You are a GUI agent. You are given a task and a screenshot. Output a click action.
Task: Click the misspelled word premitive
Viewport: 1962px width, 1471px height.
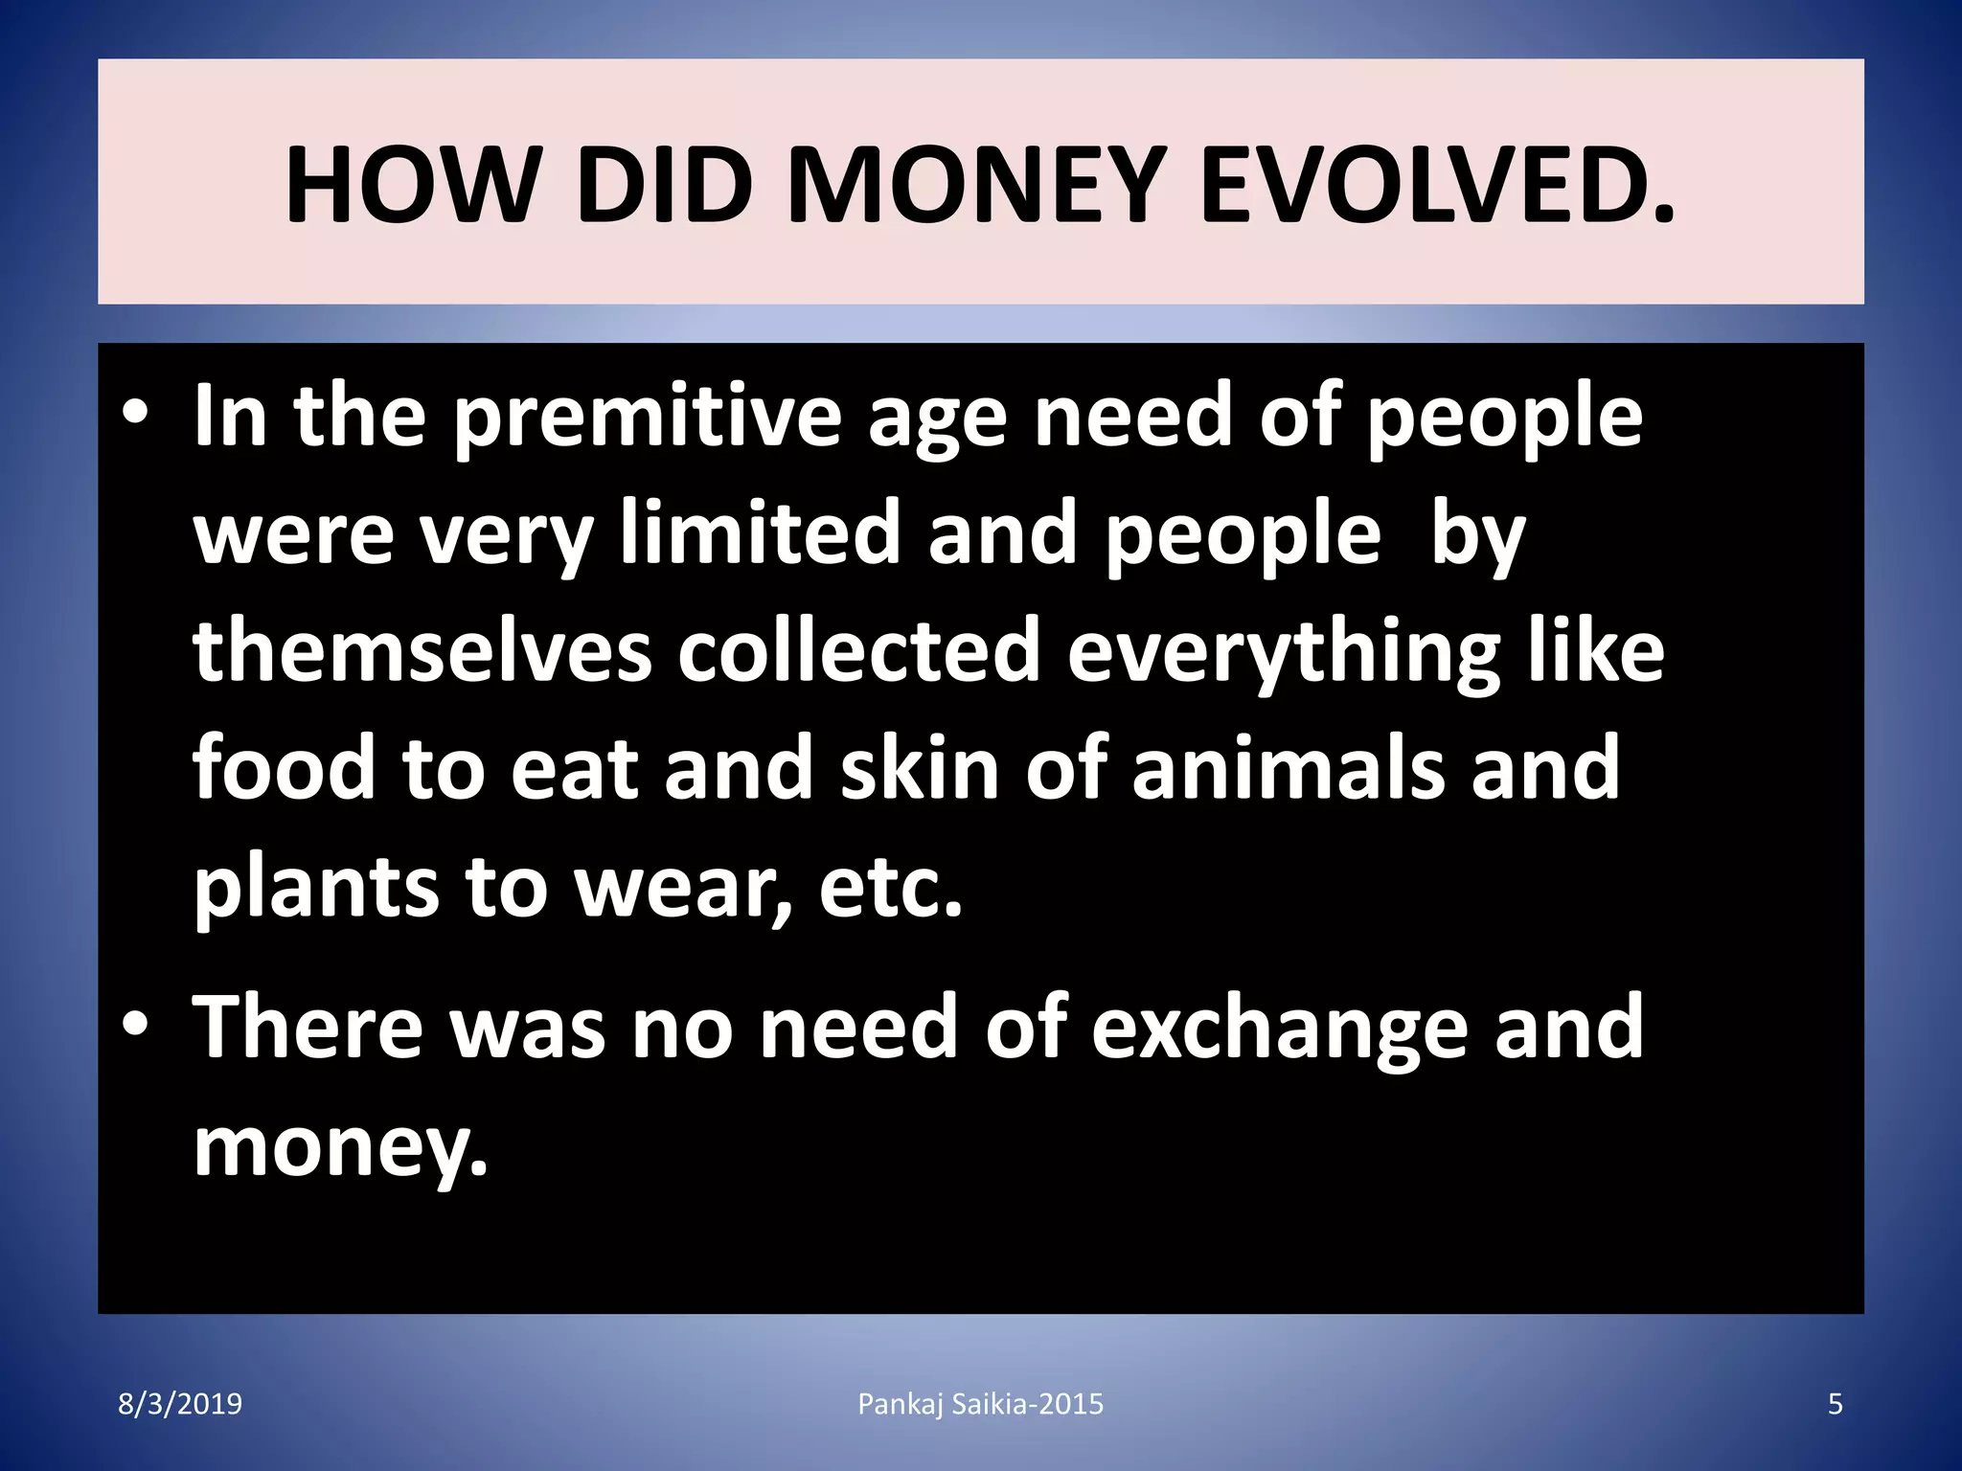click(x=646, y=418)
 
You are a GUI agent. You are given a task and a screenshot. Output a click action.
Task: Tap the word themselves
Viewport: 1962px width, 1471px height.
click(x=422, y=650)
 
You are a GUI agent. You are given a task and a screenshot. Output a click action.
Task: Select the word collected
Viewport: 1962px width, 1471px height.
click(x=859, y=650)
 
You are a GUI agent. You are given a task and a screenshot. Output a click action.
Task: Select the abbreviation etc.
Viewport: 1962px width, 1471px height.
click(x=890, y=887)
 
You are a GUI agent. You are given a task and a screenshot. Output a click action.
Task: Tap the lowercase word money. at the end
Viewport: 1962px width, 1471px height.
click(x=340, y=1147)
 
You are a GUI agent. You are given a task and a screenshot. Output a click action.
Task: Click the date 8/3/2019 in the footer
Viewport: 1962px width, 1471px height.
click(x=180, y=1405)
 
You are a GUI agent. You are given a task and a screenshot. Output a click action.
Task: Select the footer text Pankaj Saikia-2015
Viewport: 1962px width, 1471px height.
click(x=980, y=1405)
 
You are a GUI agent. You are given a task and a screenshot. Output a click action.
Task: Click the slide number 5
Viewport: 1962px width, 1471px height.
click(x=1836, y=1405)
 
